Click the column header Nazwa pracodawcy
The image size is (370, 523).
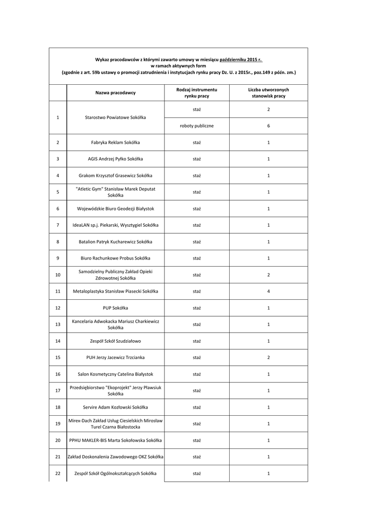coord(115,92)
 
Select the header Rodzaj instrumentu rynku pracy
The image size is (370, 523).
coord(196,92)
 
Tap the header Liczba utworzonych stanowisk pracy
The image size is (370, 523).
coord(268,92)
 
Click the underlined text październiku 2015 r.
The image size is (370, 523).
coord(241,60)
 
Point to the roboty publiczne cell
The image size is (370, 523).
coord(196,126)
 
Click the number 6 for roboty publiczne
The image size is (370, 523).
coord(268,126)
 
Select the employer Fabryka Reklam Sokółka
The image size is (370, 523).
coord(115,142)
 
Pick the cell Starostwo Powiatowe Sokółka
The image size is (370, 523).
coord(115,117)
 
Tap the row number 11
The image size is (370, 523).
coord(58,291)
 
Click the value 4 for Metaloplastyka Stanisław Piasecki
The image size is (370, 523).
coord(268,291)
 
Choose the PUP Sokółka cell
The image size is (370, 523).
coord(115,308)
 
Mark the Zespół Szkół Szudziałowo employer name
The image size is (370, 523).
coord(115,341)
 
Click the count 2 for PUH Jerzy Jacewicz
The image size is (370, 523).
coord(268,358)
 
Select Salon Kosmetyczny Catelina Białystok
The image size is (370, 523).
coord(115,374)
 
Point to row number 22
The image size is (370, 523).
coord(58,473)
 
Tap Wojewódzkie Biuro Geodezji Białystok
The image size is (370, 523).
coord(115,208)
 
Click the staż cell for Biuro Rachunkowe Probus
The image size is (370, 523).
coord(196,258)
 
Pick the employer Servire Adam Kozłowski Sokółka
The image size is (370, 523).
coord(115,407)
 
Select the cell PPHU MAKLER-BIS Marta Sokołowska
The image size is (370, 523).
coord(115,440)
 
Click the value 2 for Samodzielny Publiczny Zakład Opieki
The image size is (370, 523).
coord(268,275)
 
